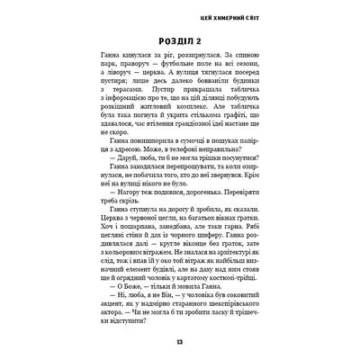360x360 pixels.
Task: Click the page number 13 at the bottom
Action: click(x=180, y=341)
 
